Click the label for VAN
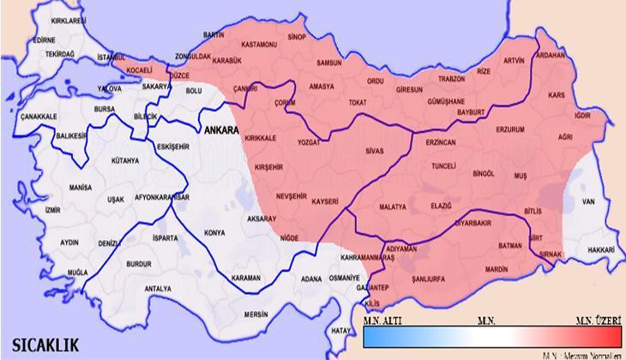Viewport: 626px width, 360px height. tap(588, 201)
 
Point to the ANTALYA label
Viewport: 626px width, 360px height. tap(159, 288)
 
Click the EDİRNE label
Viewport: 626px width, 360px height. tap(44, 39)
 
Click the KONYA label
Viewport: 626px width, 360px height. tap(214, 232)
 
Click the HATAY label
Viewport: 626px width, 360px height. tap(342, 330)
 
